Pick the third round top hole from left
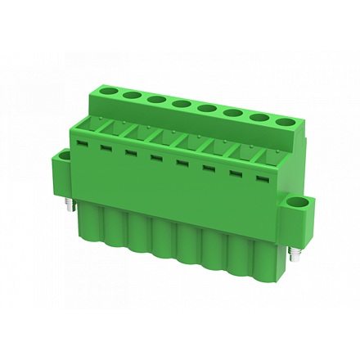(x=155, y=99)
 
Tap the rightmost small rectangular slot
(x=262, y=178)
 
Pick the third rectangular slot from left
(x=129, y=151)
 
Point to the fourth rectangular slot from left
(x=155, y=156)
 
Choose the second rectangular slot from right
(x=236, y=173)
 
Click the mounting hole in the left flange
(x=64, y=156)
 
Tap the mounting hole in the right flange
(x=299, y=204)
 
